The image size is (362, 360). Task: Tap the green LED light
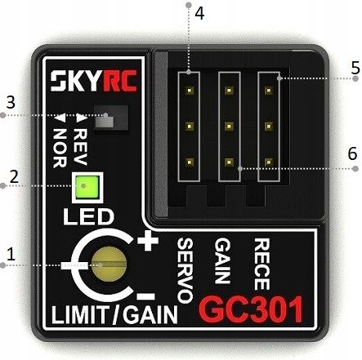coord(84,186)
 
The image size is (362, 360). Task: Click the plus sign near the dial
coord(148,242)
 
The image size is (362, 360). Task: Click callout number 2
coord(11,176)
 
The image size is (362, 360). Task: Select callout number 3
coord(11,104)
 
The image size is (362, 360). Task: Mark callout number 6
coord(353,153)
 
